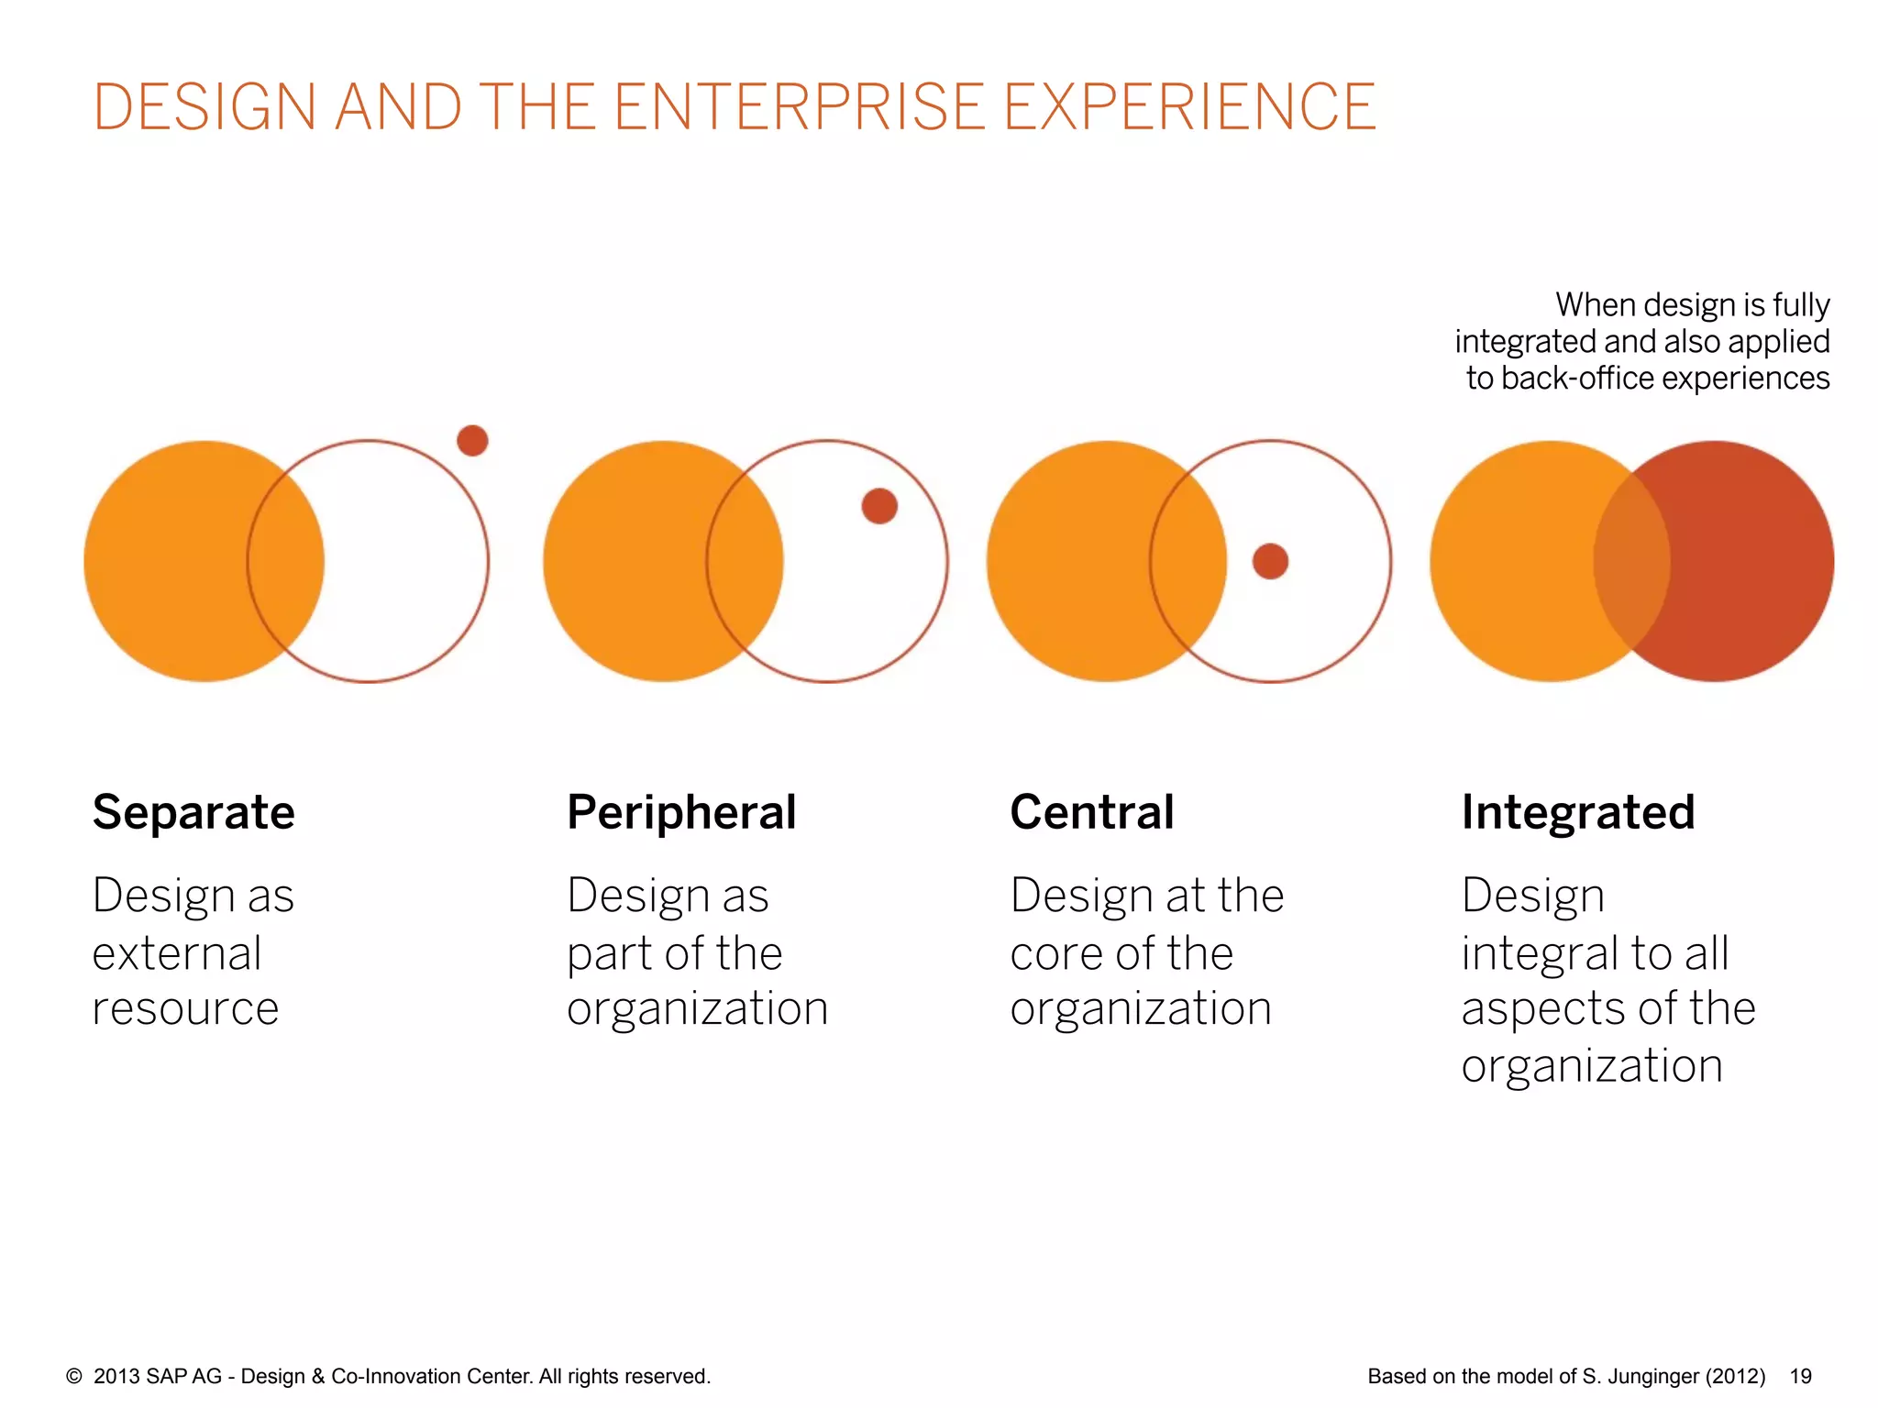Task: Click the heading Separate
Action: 193,812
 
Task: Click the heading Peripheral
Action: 681,812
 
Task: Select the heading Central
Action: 1091,812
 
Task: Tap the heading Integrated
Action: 1577,812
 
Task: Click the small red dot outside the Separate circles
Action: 472,441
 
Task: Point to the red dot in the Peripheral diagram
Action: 879,506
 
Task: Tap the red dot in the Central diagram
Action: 1270,561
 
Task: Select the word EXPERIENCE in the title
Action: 1189,107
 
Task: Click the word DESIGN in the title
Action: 204,107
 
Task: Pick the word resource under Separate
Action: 185,1009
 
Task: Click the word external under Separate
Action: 177,953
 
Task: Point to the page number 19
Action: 1801,1376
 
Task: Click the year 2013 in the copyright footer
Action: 116,1376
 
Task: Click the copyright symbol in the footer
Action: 74,1376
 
